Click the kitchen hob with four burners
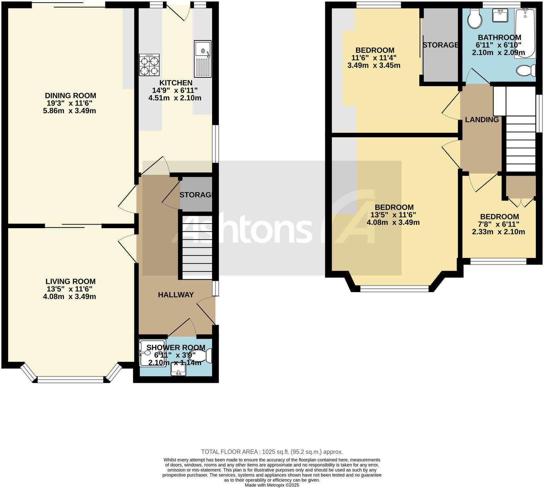(149, 65)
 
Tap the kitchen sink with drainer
(203, 59)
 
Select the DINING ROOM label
(70, 96)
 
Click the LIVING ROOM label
(70, 282)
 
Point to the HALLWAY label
(176, 295)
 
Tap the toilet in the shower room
(201, 356)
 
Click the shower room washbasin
(178, 369)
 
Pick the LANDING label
(482, 120)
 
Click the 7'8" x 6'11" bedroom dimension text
(499, 224)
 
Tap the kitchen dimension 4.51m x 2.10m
(175, 98)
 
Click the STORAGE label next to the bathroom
(440, 45)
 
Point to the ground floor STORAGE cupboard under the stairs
(196, 195)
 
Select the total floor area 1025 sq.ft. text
(272, 452)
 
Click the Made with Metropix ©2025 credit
(272, 485)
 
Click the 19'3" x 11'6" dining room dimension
(70, 104)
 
